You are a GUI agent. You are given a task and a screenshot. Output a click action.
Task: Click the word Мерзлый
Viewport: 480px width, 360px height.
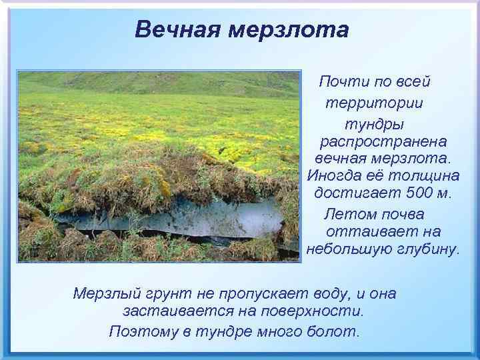click(105, 294)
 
